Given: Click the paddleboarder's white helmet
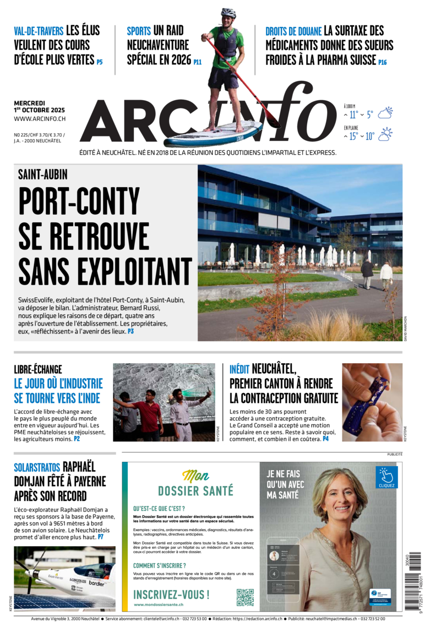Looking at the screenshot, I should (x=228, y=13).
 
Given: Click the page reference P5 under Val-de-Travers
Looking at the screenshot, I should (x=100, y=62).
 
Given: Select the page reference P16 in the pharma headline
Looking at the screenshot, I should (x=382, y=63).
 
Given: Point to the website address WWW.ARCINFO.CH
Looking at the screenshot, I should (x=40, y=119).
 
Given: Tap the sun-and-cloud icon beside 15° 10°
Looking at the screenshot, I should (x=385, y=134).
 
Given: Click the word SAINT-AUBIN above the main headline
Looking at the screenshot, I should (x=42, y=175).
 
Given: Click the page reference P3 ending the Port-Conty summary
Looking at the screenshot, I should (x=130, y=332).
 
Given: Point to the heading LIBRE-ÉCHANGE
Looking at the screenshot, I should (x=38, y=369).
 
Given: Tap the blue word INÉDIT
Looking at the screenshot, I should (x=239, y=369).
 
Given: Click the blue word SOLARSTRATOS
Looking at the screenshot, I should (x=37, y=467).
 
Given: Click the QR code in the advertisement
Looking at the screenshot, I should (x=245, y=597).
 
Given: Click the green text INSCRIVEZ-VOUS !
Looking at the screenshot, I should (x=171, y=595).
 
